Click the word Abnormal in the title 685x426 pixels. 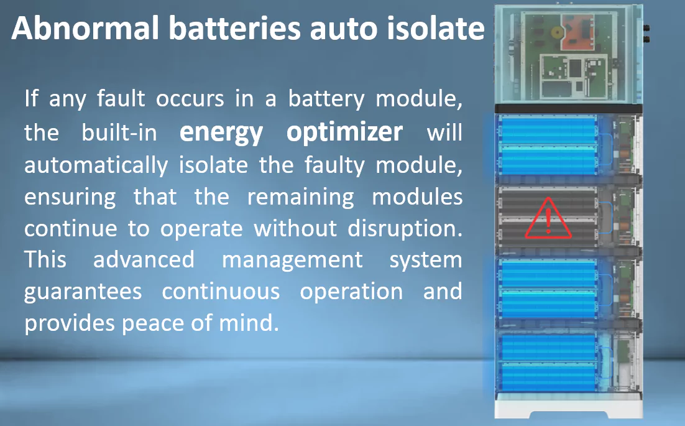pos(86,29)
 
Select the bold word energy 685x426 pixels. pos(221,132)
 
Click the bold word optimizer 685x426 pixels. pos(344,132)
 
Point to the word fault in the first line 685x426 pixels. pos(121,98)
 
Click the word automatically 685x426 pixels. pos(96,165)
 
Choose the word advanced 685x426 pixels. pos(144,259)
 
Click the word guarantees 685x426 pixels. pos(83,292)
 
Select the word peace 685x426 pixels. pos(154,324)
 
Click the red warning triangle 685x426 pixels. pos(548,218)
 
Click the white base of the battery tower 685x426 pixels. pos(568,406)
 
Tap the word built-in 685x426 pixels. pos(119,132)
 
